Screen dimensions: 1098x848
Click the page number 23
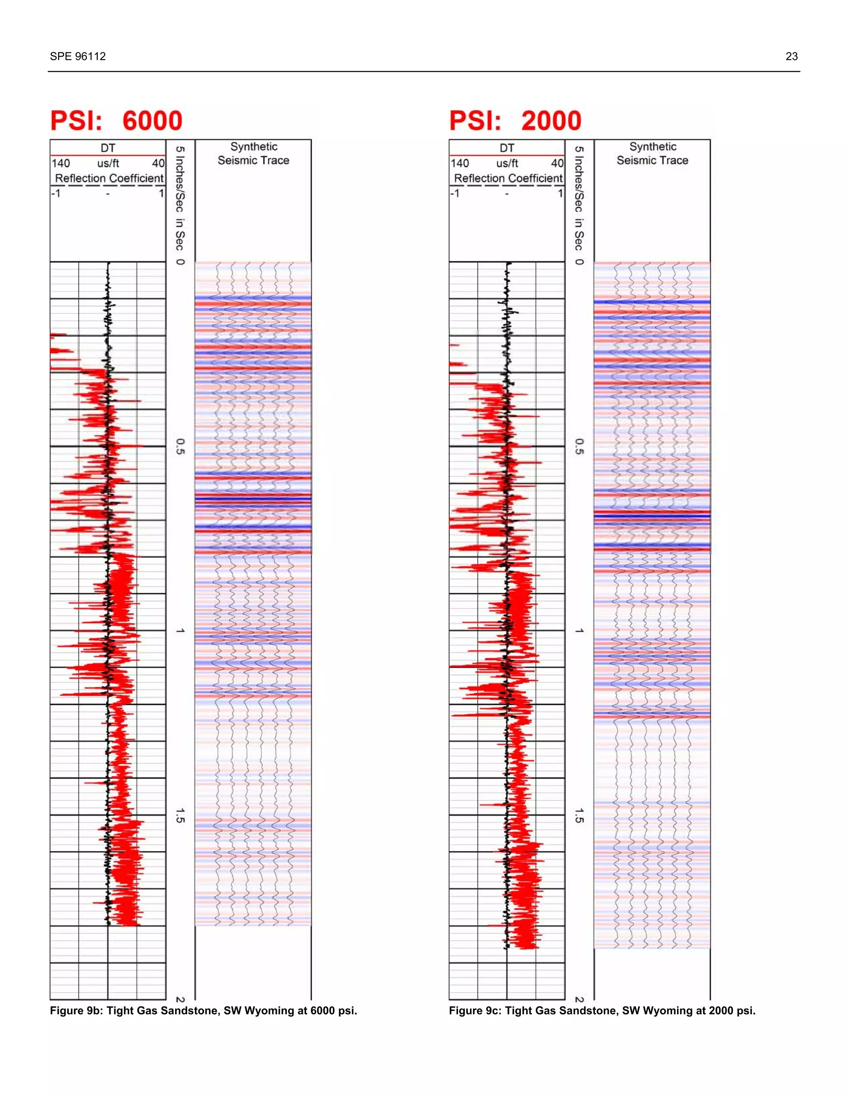pos(791,56)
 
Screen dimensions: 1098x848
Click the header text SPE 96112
pos(78,56)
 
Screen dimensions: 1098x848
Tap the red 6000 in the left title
pos(152,121)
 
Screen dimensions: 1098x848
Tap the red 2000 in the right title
pos(551,121)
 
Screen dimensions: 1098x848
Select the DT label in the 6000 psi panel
pos(108,148)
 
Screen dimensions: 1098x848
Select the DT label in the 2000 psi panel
pos(507,148)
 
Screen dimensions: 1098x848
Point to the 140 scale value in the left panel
pos(61,163)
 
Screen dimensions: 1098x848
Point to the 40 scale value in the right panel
pos(557,163)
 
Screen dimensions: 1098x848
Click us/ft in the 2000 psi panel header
pos(507,163)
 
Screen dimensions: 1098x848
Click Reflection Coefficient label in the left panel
pos(109,179)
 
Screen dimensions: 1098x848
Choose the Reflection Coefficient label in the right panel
pos(508,179)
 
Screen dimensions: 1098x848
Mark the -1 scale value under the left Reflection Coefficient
pos(56,193)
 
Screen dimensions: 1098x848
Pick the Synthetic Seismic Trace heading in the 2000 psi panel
pos(653,153)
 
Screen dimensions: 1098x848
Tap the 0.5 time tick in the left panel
pos(180,446)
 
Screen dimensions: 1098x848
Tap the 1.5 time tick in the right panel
pos(579,815)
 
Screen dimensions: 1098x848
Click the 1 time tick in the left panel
pos(180,631)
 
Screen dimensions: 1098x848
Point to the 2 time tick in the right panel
pos(579,999)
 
